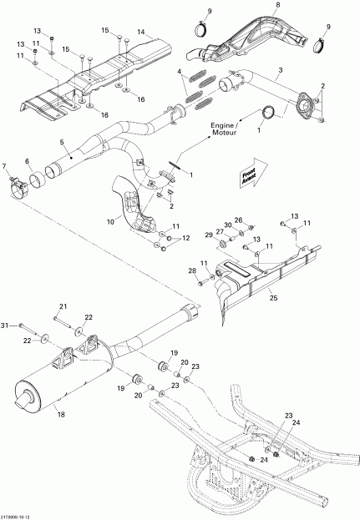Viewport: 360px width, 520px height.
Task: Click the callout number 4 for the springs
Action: pyautogui.click(x=179, y=73)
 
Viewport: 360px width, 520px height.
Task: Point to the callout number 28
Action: pyautogui.click(x=191, y=271)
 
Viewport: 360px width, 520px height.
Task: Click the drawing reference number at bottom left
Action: pyautogui.click(x=19, y=515)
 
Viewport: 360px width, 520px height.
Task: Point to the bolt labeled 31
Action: pyautogui.click(x=23, y=326)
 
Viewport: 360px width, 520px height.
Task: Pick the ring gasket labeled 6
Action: pyautogui.click(x=38, y=177)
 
